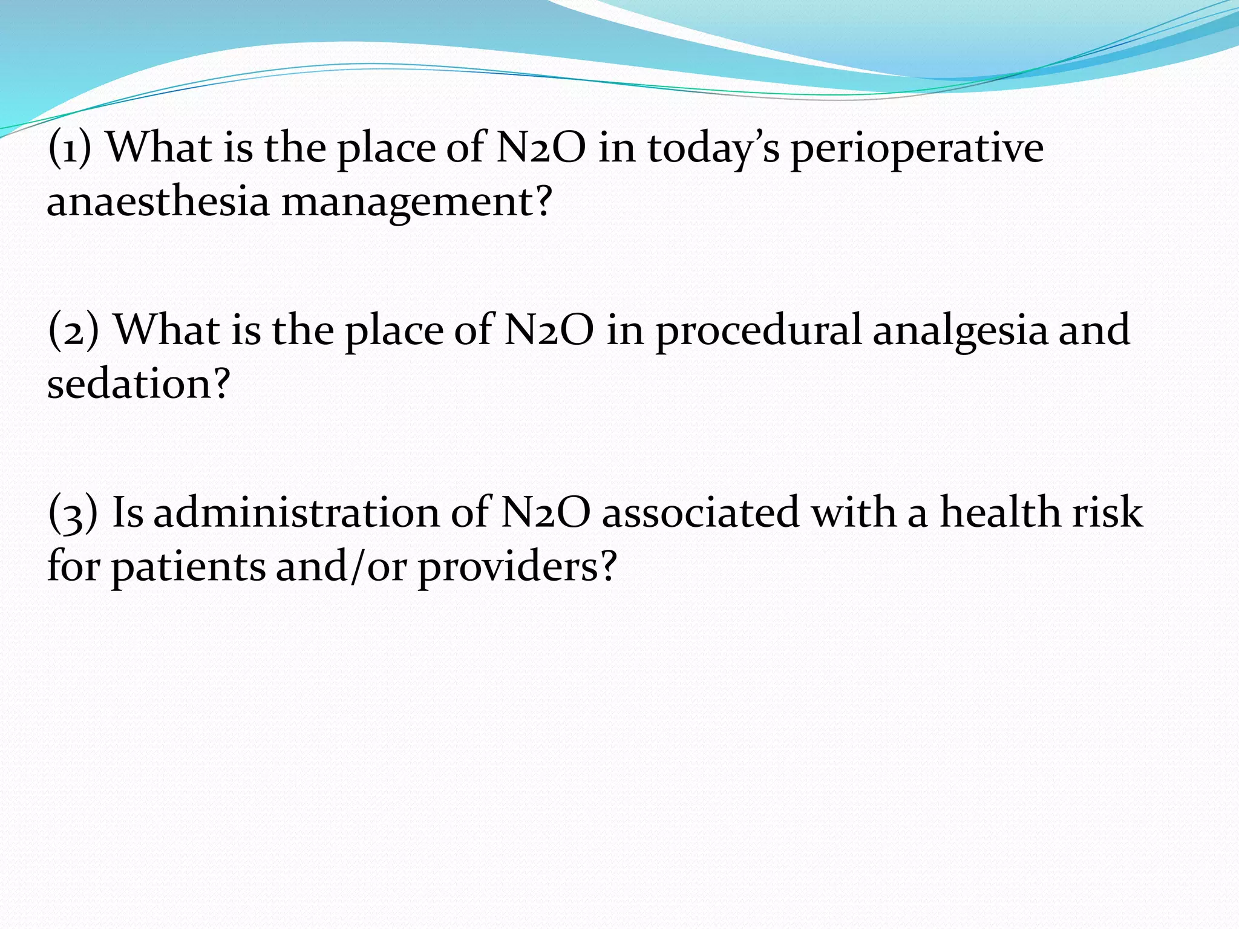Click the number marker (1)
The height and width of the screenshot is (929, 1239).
(x=70, y=148)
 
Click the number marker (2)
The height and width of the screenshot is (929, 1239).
(x=73, y=330)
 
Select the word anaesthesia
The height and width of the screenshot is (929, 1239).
(x=158, y=202)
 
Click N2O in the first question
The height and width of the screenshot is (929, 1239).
(x=541, y=148)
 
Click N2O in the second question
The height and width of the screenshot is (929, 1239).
(x=549, y=330)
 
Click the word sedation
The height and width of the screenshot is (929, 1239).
(x=139, y=385)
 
